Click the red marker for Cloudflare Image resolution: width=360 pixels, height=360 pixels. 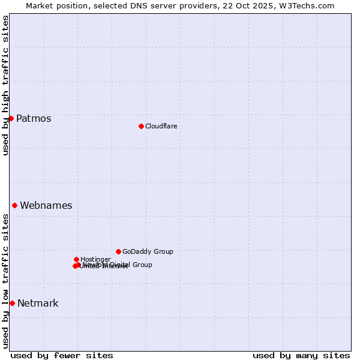coord(141,126)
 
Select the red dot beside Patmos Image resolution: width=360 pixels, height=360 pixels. coord(11,118)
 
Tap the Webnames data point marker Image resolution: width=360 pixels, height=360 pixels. coord(14,205)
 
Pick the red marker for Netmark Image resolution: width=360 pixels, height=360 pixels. coord(12,303)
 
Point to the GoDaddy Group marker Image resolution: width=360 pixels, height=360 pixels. coord(118,251)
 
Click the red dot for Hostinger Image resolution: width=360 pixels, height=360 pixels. coord(76,259)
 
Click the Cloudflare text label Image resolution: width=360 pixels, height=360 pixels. coord(161,126)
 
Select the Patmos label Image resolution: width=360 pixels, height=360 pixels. coord(34,118)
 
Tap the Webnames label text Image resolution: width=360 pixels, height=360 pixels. coord(46,205)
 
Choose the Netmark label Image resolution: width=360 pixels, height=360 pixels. coord(38,303)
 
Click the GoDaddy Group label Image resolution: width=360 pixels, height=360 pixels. coord(148,251)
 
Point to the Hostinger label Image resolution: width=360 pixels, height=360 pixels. coord(95,259)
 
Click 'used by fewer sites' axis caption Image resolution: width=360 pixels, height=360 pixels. coord(62,355)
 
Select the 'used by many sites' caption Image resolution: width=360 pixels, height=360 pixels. coord(301,355)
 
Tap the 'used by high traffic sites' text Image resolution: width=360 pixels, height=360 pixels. coord(5,85)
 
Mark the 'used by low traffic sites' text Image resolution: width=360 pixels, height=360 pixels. coord(5,281)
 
